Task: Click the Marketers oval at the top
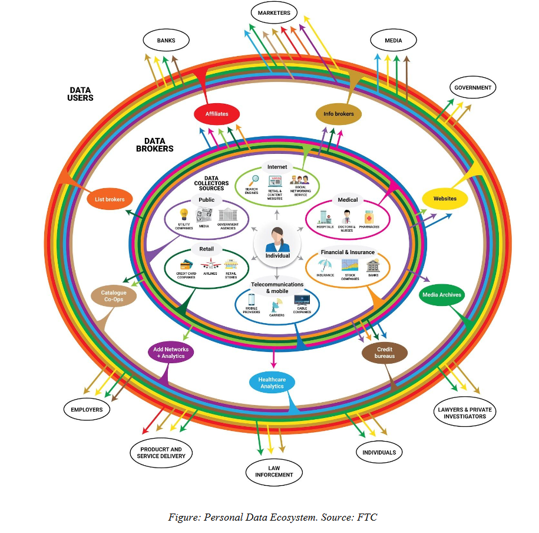pyautogui.click(x=274, y=12)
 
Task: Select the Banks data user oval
pyautogui.click(x=167, y=41)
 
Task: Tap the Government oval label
pyautogui.click(x=472, y=88)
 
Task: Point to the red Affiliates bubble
pyautogui.click(x=217, y=114)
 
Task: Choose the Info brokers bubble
pyautogui.click(x=339, y=114)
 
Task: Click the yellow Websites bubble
pyautogui.click(x=445, y=199)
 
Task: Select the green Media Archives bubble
pyautogui.click(x=442, y=295)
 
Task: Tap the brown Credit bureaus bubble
pyautogui.click(x=385, y=353)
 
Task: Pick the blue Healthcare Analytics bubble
pyautogui.click(x=272, y=383)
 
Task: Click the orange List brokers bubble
pyautogui.click(x=110, y=200)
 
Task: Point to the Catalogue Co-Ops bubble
pyautogui.click(x=114, y=296)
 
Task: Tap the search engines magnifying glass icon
pyautogui.click(x=254, y=180)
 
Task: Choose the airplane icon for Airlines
pyautogui.click(x=210, y=265)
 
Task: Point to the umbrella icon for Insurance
pyautogui.click(x=325, y=265)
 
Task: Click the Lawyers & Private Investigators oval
pyautogui.click(x=465, y=412)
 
